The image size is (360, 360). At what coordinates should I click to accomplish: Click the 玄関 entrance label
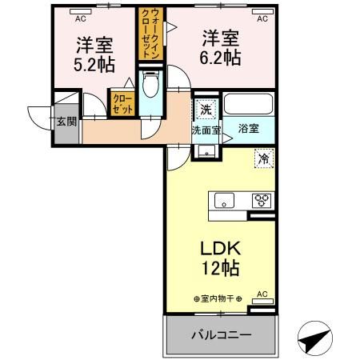(66, 122)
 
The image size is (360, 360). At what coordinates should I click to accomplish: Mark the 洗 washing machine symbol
(206, 109)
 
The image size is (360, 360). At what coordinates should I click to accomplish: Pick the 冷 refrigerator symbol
(262, 158)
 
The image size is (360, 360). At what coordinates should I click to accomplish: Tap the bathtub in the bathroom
(249, 105)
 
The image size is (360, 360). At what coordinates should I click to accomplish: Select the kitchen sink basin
(222, 200)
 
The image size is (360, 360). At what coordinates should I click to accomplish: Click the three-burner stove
(260, 200)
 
